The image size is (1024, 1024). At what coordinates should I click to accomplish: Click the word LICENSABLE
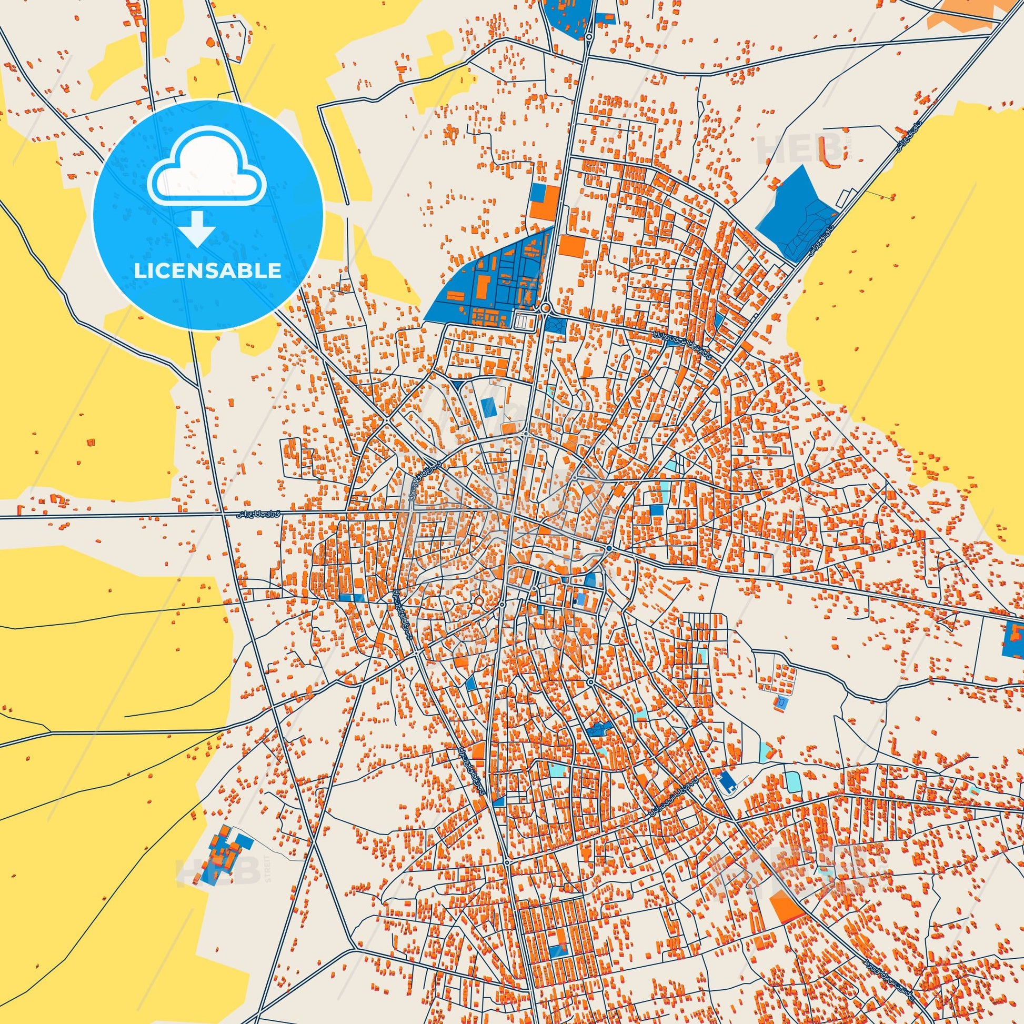coord(208,271)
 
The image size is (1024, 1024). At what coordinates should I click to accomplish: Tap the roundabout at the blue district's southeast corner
coord(545,308)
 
